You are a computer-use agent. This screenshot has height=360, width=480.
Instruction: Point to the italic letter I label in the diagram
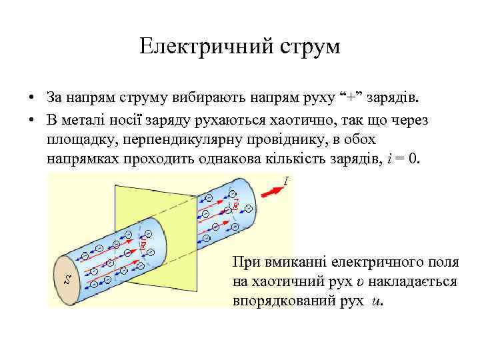pyautogui.click(x=286, y=180)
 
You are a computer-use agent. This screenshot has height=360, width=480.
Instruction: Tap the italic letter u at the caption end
pyautogui.click(x=377, y=301)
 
